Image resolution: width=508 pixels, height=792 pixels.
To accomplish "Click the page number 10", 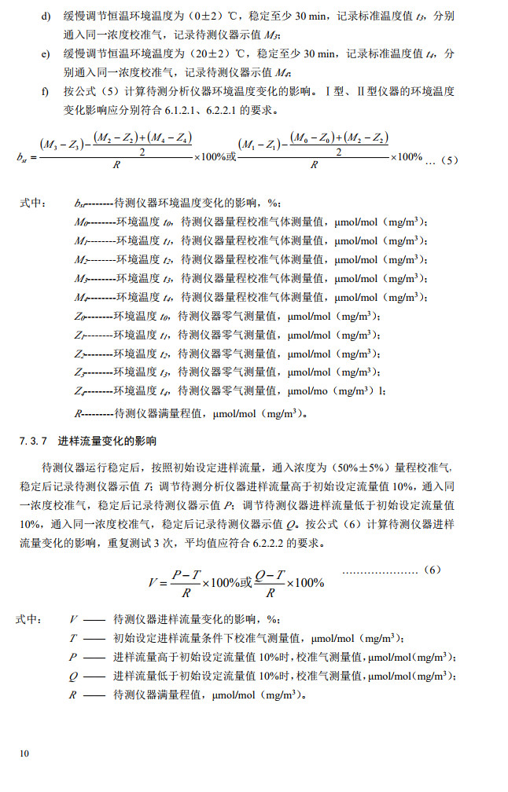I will (24, 753).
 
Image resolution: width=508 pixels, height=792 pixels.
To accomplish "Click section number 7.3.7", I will (34, 441).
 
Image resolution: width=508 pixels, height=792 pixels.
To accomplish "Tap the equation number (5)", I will (449, 159).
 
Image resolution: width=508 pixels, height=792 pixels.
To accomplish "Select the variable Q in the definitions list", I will (73, 676).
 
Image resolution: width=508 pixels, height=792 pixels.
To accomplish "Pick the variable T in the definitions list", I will (73, 638).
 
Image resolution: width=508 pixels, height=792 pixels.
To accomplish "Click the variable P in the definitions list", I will (73, 657).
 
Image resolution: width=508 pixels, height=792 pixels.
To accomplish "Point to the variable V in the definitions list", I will (73, 619).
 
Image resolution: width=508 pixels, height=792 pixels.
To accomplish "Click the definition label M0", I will (79, 222).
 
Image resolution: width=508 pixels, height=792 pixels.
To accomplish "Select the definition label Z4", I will (79, 390).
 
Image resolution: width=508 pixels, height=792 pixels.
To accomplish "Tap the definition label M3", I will (79, 278).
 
